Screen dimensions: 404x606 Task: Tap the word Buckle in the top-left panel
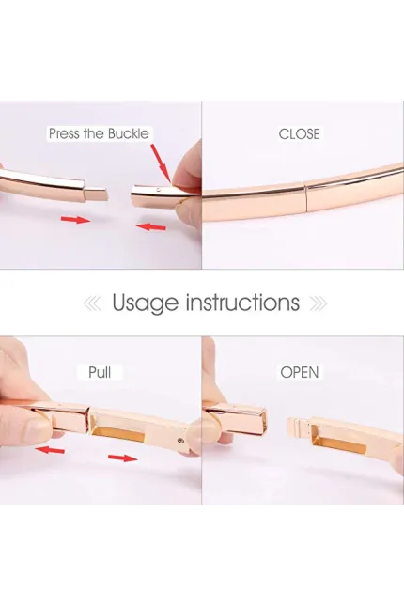click(x=129, y=133)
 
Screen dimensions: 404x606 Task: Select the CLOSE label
click(x=299, y=134)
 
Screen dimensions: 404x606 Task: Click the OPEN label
click(x=300, y=373)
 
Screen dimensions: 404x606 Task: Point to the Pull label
click(x=100, y=373)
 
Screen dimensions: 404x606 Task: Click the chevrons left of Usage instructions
click(x=92, y=303)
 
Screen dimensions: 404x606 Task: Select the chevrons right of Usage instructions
click(x=319, y=303)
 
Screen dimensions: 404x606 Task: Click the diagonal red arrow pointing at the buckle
click(x=161, y=163)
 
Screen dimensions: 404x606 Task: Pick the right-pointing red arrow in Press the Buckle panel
click(x=75, y=220)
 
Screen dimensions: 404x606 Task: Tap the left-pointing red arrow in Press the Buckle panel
click(x=150, y=226)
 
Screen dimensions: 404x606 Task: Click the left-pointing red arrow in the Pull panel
click(x=50, y=449)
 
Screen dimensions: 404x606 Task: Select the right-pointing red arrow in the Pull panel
click(x=122, y=458)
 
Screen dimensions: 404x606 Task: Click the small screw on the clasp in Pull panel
click(x=180, y=440)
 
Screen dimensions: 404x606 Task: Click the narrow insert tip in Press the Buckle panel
click(x=96, y=194)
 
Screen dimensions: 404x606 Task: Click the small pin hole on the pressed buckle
click(x=156, y=190)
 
